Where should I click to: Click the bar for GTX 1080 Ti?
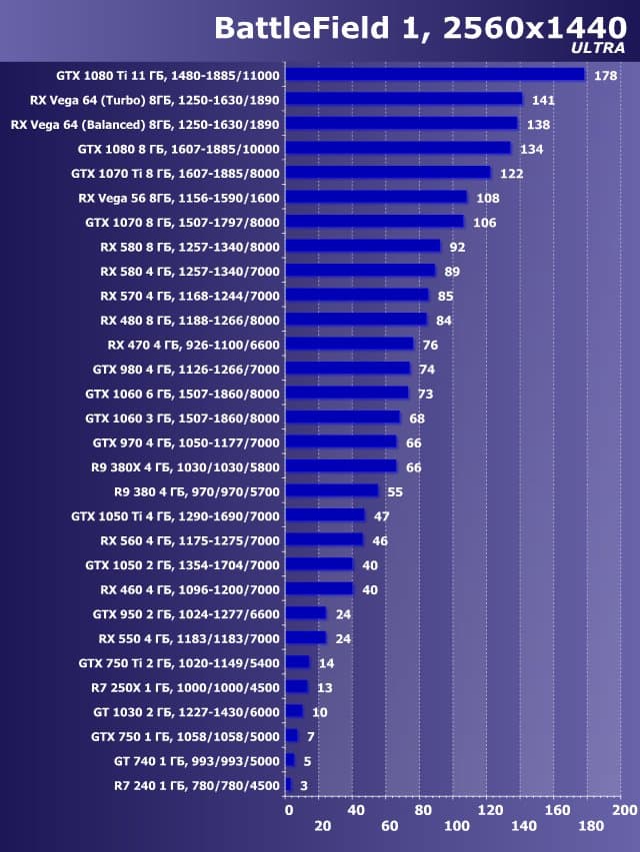(436, 74)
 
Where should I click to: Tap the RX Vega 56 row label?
(179, 198)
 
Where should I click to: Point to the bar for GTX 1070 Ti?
(390, 173)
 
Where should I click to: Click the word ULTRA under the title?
(598, 47)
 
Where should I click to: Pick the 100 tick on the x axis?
(457, 827)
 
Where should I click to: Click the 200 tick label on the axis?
(624, 808)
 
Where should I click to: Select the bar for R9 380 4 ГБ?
(333, 490)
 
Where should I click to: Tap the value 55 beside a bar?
(395, 491)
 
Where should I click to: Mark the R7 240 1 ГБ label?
(198, 785)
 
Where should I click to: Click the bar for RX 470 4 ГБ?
(351, 345)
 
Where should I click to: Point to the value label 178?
(604, 76)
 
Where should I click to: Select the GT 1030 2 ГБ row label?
(185, 711)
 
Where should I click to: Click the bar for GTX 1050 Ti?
(326, 515)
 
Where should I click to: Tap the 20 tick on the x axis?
(322, 827)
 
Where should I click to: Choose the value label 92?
(458, 247)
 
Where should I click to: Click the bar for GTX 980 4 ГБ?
(349, 369)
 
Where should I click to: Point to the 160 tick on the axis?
(556, 808)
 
